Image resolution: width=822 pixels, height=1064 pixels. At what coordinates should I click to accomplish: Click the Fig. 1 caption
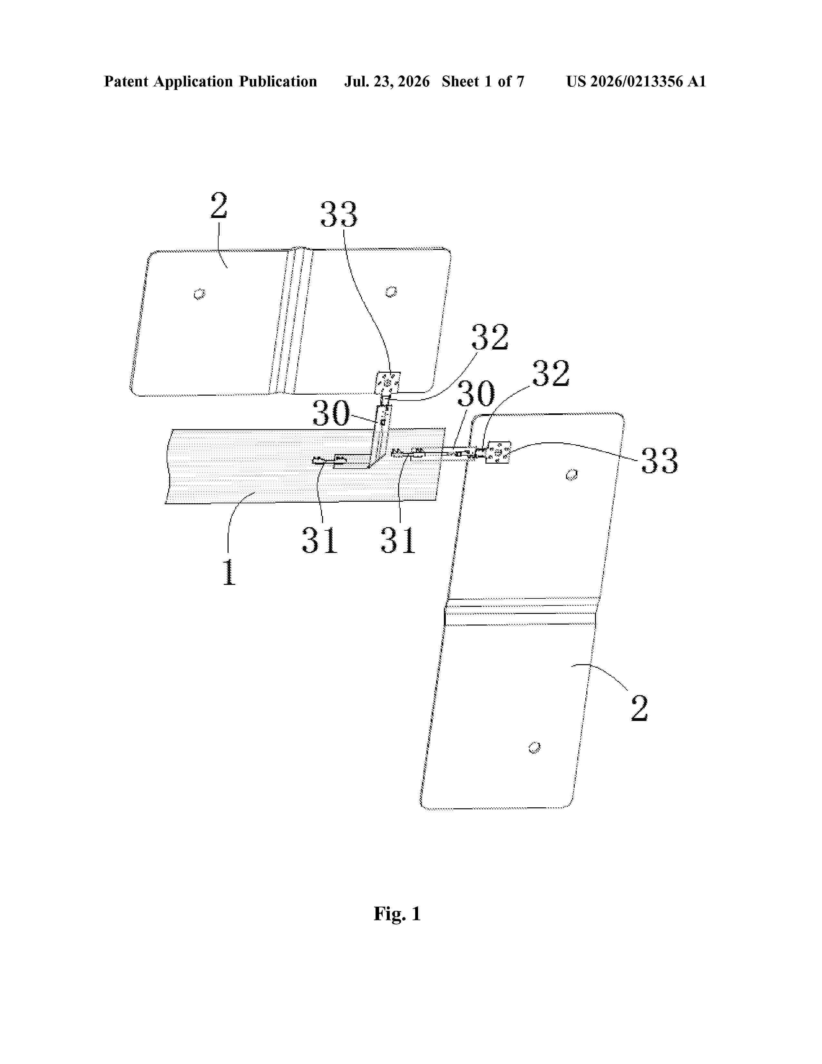point(397,913)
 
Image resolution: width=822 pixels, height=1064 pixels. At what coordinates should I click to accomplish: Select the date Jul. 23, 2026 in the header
point(387,81)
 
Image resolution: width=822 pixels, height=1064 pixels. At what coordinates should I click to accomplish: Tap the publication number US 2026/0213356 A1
point(636,81)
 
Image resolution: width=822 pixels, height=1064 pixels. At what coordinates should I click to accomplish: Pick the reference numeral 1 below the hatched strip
point(229,572)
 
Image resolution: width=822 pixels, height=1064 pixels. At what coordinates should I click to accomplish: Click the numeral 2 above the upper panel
point(219,206)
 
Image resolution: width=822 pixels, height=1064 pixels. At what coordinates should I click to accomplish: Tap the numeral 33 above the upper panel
point(338,214)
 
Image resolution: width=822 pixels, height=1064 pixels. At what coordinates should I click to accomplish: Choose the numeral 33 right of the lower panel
point(659,460)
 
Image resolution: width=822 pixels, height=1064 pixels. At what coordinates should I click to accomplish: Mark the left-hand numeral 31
point(319,540)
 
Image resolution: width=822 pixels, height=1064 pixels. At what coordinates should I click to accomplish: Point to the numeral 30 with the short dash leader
point(331,413)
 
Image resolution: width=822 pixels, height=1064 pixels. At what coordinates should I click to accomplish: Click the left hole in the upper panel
point(200,294)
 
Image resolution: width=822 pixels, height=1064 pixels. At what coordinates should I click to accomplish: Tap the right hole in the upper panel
point(391,292)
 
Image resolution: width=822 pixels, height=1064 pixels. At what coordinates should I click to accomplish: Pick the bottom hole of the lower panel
point(534,747)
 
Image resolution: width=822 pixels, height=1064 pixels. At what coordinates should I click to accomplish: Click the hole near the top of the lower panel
point(572,475)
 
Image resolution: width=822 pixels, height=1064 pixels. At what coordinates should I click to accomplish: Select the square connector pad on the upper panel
point(387,383)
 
